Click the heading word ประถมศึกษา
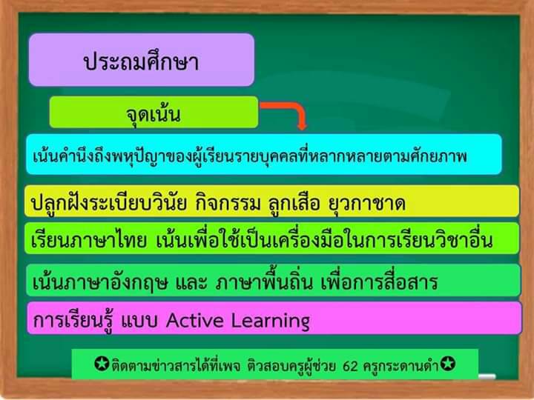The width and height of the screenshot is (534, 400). pyautogui.click(x=141, y=61)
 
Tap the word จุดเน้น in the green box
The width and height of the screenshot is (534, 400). pyautogui.click(x=153, y=114)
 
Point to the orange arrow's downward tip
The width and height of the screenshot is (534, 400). pyautogui.click(x=302, y=128)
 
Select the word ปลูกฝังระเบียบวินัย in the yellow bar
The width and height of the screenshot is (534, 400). pyautogui.click(x=108, y=202)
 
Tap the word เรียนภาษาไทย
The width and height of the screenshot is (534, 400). pyautogui.click(x=88, y=240)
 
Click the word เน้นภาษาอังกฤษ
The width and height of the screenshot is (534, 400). pyautogui.click(x=100, y=282)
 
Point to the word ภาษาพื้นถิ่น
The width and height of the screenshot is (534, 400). pyautogui.click(x=263, y=281)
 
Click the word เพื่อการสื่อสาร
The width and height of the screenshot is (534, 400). pyautogui.click(x=379, y=281)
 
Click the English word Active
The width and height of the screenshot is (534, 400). pyautogui.click(x=195, y=320)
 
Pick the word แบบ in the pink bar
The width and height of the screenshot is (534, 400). pyautogui.click(x=139, y=321)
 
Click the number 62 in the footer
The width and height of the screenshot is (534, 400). pyautogui.click(x=350, y=366)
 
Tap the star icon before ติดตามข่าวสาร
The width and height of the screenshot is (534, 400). pyautogui.click(x=102, y=364)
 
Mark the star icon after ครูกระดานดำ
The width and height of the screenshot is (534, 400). pyautogui.click(x=447, y=364)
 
